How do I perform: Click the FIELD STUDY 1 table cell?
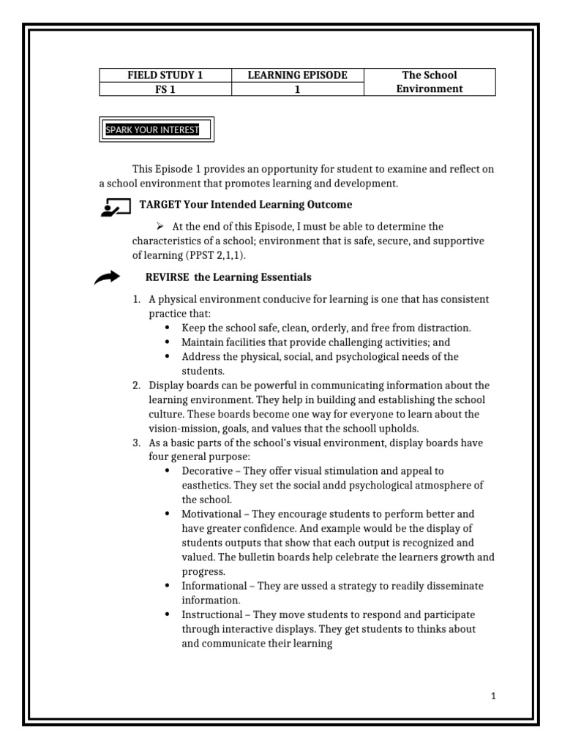[x=165, y=75]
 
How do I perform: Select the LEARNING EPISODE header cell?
[x=297, y=75]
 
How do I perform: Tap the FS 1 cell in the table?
[x=165, y=89]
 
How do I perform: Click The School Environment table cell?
[x=430, y=82]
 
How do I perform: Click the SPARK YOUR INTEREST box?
[x=157, y=130]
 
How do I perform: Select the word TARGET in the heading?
[x=160, y=205]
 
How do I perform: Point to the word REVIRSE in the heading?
[x=165, y=277]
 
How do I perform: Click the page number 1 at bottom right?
[x=493, y=696]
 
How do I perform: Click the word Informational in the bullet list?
[x=214, y=586]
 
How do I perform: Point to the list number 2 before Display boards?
[x=135, y=385]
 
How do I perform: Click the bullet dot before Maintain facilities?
[x=168, y=342]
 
